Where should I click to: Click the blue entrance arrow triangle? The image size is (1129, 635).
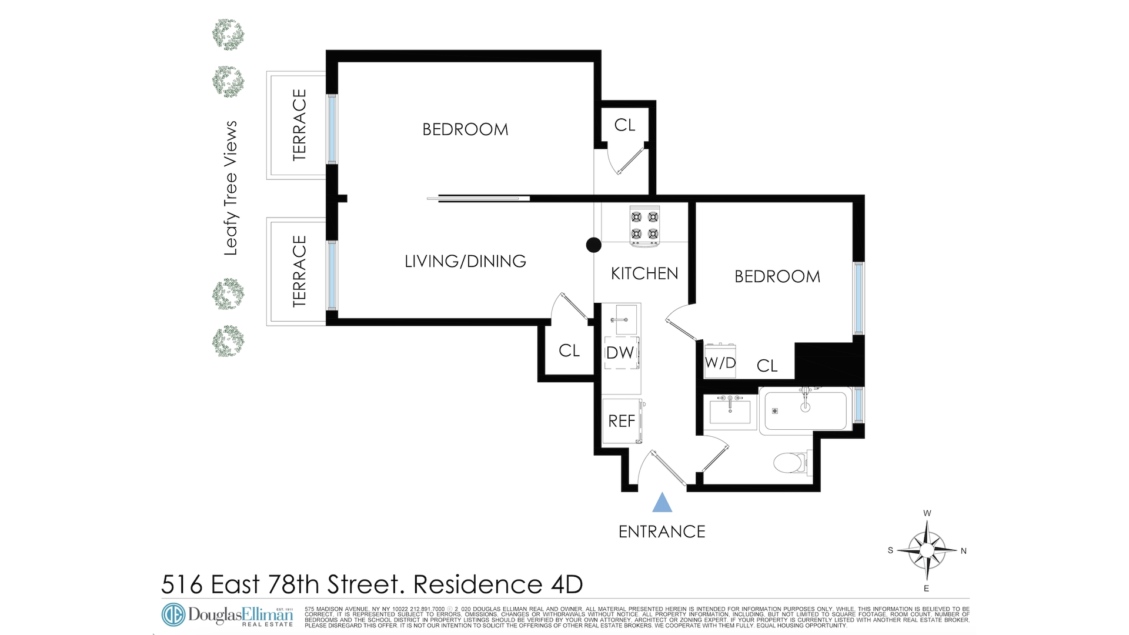click(662, 503)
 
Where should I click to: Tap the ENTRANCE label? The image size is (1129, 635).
click(662, 532)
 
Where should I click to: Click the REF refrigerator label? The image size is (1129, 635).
click(622, 421)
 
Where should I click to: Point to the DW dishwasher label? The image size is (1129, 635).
click(620, 353)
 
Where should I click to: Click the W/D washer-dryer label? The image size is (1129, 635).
click(720, 363)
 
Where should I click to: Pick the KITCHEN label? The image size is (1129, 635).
click(644, 273)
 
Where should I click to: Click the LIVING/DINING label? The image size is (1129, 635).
click(465, 261)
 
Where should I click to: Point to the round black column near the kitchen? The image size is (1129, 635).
click(594, 245)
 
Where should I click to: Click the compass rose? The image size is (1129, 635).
click(927, 550)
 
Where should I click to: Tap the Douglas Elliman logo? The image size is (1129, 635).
click(227, 615)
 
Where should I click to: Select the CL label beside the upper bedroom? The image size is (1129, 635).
click(624, 125)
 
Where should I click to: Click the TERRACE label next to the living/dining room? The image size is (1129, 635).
click(300, 271)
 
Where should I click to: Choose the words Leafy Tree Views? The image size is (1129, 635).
click(231, 188)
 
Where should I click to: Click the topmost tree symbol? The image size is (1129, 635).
click(228, 35)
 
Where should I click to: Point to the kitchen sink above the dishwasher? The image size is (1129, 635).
click(621, 320)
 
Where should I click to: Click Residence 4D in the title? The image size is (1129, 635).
click(498, 584)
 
